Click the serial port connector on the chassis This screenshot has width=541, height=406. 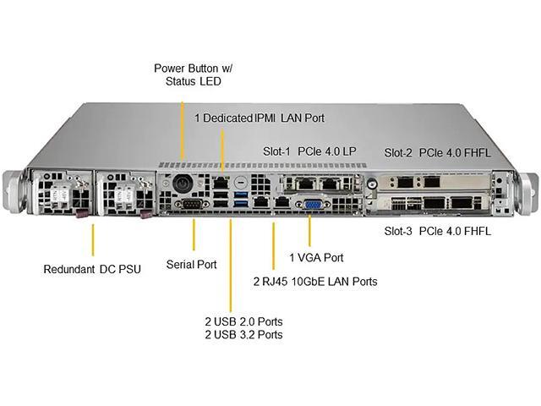pyautogui.click(x=191, y=205)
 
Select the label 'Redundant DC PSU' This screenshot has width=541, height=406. pyautogui.click(x=92, y=270)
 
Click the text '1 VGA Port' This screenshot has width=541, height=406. pyautogui.click(x=317, y=256)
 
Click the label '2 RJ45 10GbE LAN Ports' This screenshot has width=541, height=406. pyautogui.click(x=315, y=281)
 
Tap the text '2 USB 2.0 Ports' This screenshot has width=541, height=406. pyautogui.click(x=243, y=321)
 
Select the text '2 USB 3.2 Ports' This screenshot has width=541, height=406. pyautogui.click(x=243, y=335)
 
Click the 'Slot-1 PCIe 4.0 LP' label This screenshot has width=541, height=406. pyautogui.click(x=309, y=151)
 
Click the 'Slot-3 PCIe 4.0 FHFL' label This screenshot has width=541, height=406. pyautogui.click(x=437, y=231)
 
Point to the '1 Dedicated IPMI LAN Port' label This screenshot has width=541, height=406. pyautogui.click(x=259, y=118)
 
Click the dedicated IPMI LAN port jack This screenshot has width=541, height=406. pyautogui.click(x=220, y=182)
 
